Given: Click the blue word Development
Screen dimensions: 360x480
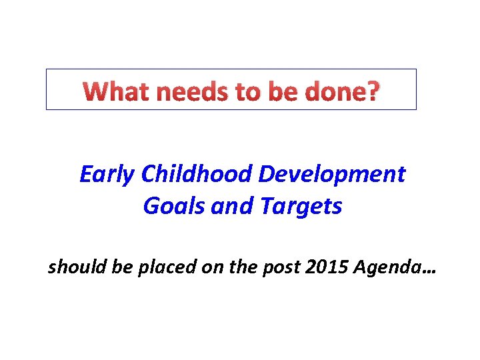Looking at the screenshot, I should click(331, 174).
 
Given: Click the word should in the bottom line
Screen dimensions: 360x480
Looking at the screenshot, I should click(72, 268).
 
